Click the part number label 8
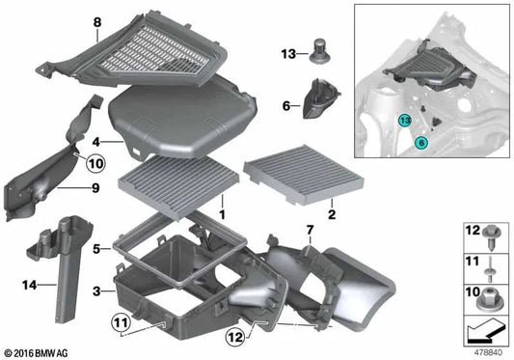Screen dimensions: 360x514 point(96,21)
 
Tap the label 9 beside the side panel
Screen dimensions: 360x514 point(95,188)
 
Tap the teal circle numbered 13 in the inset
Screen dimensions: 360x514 point(405,120)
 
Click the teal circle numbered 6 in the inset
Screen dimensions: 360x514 point(420,142)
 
